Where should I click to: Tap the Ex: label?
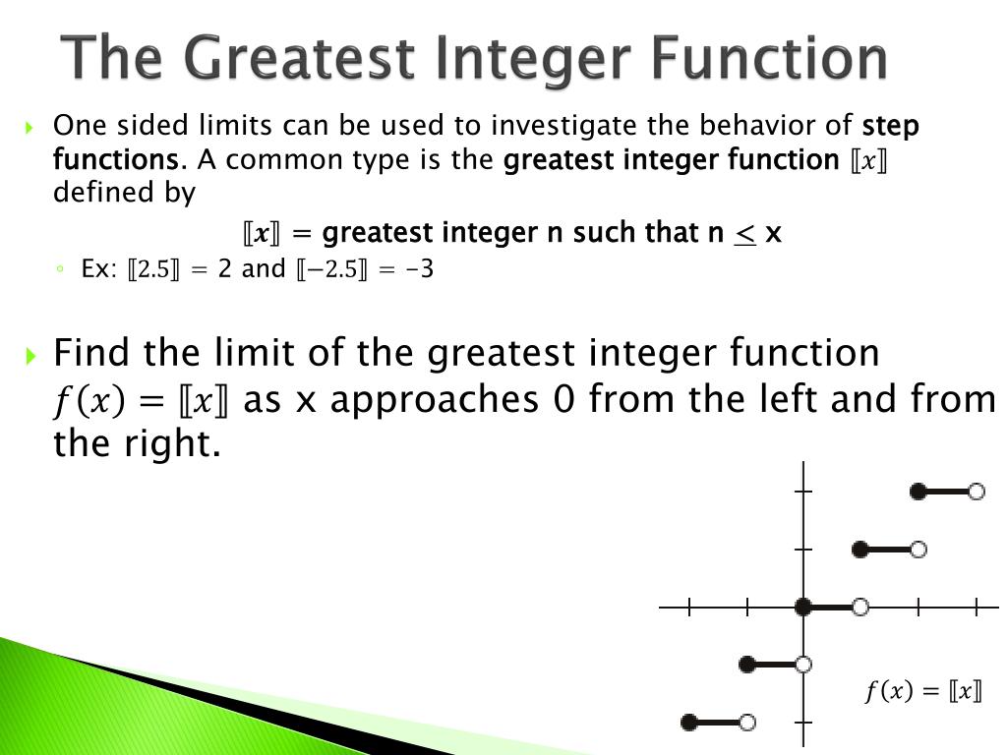pyautogui.click(x=99, y=268)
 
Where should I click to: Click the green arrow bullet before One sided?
pyautogui.click(x=30, y=127)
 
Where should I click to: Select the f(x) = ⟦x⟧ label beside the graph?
pyautogui.click(x=923, y=691)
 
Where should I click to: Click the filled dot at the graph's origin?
pyautogui.click(x=803, y=607)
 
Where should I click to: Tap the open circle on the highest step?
pyautogui.click(x=976, y=492)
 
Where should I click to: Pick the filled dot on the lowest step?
pyautogui.click(x=689, y=723)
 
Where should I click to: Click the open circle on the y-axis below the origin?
pyautogui.click(x=803, y=665)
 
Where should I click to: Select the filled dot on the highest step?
pyautogui.click(x=918, y=492)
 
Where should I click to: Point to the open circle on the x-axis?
pyautogui.click(x=860, y=607)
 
